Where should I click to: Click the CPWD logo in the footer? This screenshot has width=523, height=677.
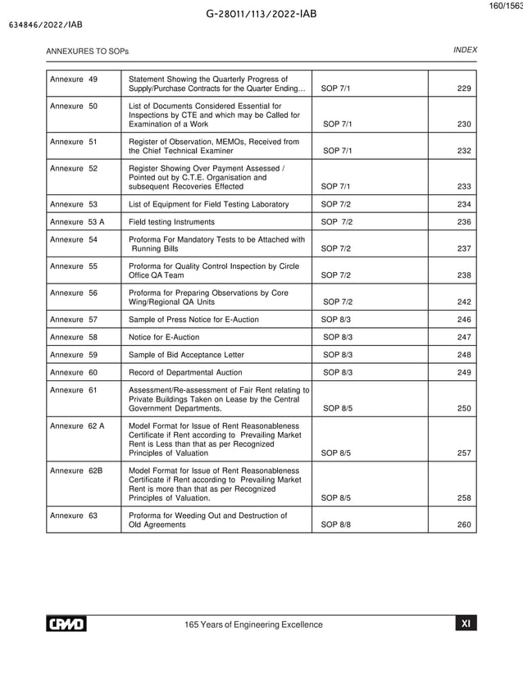click(66, 625)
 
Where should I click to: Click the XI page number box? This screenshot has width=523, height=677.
click(465, 624)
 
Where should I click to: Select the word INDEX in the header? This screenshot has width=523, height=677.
click(465, 50)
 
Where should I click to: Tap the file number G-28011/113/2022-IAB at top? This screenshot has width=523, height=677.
click(262, 14)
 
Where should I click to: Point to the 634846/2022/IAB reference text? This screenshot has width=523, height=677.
click(45, 25)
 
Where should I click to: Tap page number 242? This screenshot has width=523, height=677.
click(464, 302)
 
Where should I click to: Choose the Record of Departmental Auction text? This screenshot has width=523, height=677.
click(185, 372)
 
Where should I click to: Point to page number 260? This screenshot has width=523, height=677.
click(464, 525)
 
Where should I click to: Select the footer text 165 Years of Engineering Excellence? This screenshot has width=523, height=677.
click(254, 625)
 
